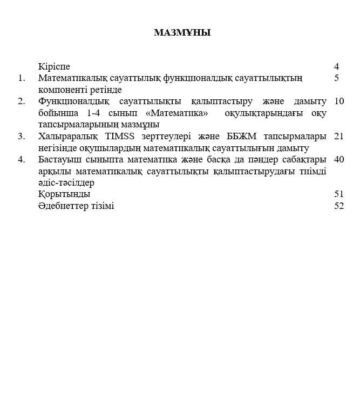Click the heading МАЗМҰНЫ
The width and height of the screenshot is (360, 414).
coord(182,33)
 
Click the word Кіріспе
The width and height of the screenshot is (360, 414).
coord(55,67)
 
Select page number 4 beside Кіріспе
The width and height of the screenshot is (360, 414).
coord(336,67)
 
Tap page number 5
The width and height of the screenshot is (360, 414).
coord(336,78)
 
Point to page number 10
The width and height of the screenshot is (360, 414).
coord(339,101)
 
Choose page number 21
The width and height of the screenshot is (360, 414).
coord(339,136)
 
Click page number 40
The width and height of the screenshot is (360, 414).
coord(339,159)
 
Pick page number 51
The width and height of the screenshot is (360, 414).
coord(339,194)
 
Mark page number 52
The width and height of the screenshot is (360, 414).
coord(339,206)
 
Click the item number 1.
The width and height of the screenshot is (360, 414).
coord(22,78)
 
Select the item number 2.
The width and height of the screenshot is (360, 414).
coord(22,101)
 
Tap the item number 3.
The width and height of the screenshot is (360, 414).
coord(22,136)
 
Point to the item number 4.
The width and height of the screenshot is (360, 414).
coord(22,159)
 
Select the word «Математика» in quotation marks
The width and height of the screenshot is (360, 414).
coord(176,113)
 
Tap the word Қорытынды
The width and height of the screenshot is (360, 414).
coord(64,194)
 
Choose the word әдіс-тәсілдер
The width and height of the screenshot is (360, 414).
coord(66,183)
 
